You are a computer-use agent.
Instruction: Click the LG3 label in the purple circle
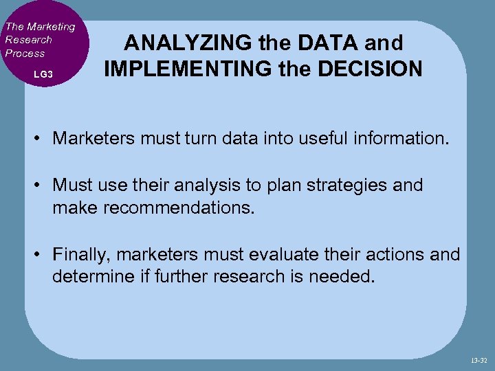click(x=43, y=73)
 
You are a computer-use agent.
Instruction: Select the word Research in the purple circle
click(x=28, y=40)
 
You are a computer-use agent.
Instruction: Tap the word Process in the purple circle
click(x=25, y=53)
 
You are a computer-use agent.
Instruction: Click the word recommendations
click(x=179, y=207)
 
